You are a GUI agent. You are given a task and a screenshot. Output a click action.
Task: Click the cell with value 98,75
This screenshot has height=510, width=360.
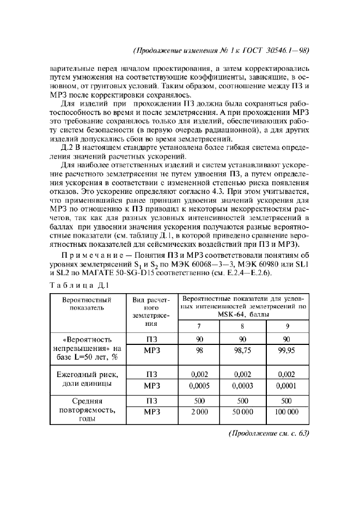click(x=242, y=351)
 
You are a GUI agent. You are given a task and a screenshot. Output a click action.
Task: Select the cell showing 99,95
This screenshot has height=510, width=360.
click(x=286, y=351)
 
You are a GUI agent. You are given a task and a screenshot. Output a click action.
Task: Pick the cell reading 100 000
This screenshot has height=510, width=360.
click(x=286, y=412)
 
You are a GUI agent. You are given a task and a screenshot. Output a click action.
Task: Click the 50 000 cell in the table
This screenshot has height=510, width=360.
click(x=242, y=412)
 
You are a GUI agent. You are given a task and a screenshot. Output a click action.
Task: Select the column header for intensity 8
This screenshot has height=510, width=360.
click(x=242, y=326)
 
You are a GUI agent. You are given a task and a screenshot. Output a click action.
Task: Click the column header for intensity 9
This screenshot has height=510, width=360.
click(x=286, y=326)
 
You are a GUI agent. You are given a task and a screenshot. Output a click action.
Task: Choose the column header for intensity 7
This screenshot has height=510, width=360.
click(x=199, y=326)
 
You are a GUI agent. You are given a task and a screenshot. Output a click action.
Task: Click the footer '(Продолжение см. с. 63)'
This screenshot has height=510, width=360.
click(x=267, y=434)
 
